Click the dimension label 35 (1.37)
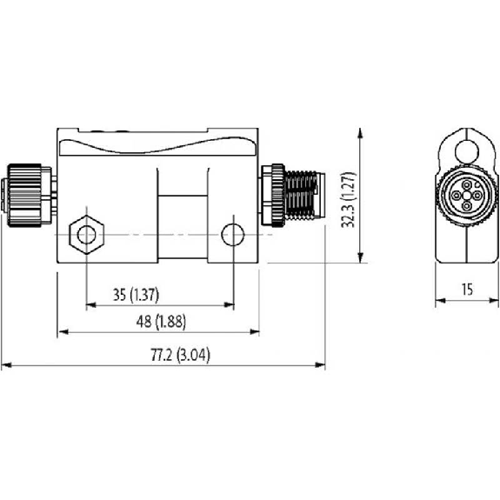(x=136, y=295)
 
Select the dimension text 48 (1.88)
(x=161, y=322)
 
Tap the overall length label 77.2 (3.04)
(x=181, y=356)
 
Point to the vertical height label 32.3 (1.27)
(x=348, y=200)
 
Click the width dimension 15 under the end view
(x=467, y=290)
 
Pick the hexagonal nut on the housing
(x=86, y=235)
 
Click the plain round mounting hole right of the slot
(x=233, y=235)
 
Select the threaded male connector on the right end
(x=293, y=196)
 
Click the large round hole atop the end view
(x=467, y=151)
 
